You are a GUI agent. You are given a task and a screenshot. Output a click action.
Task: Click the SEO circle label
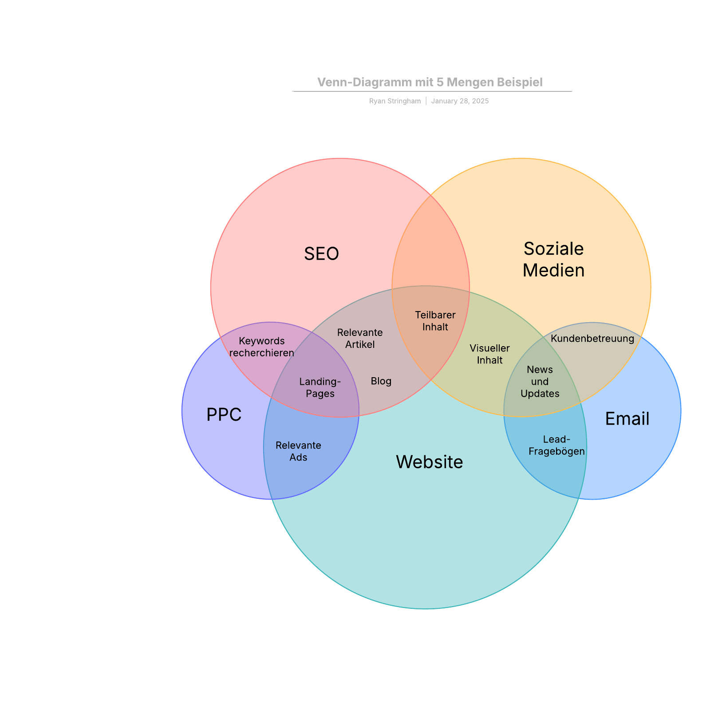click(x=321, y=254)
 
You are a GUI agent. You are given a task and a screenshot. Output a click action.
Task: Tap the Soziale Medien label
click(x=553, y=259)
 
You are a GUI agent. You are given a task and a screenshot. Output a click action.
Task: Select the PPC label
click(x=224, y=414)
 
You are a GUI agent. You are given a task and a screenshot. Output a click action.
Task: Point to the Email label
click(x=627, y=419)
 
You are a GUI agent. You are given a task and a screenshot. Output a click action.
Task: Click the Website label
click(x=429, y=462)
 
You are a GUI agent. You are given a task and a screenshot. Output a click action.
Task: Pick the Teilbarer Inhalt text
click(x=435, y=321)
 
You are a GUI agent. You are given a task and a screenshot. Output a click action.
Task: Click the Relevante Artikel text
click(x=360, y=338)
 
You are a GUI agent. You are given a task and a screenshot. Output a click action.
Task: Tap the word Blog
click(x=381, y=381)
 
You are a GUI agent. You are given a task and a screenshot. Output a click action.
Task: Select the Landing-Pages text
click(x=320, y=387)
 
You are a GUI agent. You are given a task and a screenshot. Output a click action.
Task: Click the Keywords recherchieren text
click(x=262, y=347)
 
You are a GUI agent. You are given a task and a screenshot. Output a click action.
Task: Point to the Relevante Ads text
click(x=298, y=451)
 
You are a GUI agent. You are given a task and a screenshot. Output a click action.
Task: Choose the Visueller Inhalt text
click(x=489, y=354)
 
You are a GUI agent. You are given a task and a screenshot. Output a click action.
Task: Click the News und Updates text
click(x=540, y=381)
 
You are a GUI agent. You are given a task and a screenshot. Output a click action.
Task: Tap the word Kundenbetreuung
click(x=592, y=339)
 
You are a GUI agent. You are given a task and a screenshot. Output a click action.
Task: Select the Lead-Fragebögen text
click(x=556, y=445)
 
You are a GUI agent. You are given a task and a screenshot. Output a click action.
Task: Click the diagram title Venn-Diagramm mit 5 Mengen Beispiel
click(x=430, y=82)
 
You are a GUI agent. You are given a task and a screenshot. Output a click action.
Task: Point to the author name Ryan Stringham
click(x=394, y=101)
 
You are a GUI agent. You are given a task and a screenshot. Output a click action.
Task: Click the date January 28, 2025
click(x=460, y=101)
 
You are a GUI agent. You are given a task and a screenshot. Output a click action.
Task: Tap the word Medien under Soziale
click(x=553, y=270)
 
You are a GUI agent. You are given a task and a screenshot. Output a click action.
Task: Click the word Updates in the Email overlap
click(x=540, y=394)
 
